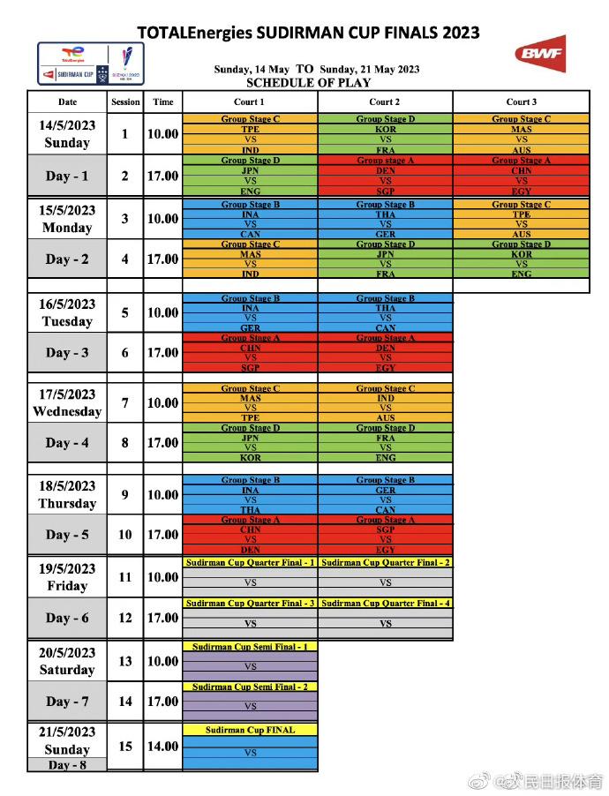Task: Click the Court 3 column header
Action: click(x=521, y=101)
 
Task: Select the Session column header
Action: click(x=125, y=101)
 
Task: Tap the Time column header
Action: click(x=163, y=101)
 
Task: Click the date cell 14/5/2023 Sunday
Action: click(x=67, y=134)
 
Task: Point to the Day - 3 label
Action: click(x=67, y=352)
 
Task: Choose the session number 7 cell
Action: click(x=125, y=402)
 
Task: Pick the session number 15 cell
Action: click(x=125, y=746)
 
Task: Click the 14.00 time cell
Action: click(x=163, y=746)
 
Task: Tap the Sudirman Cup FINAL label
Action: click(x=250, y=730)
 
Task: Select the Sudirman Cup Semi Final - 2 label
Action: click(x=250, y=687)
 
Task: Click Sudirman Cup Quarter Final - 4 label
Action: click(x=386, y=603)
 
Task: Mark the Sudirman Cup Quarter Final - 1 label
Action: click(x=250, y=562)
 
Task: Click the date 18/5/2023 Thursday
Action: click(x=67, y=494)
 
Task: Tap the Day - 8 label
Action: click(x=67, y=765)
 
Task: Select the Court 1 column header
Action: click(x=250, y=101)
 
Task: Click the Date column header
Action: click(x=67, y=101)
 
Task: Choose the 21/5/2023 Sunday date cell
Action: click(x=67, y=740)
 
